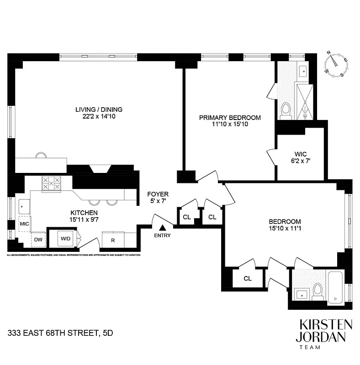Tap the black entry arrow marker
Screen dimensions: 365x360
[162, 228]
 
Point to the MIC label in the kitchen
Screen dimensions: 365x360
[24, 224]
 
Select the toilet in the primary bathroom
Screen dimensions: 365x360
[286, 110]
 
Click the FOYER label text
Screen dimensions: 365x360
[158, 194]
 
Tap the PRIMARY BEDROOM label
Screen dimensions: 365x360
[230, 118]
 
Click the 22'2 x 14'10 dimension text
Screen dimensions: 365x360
[93, 116]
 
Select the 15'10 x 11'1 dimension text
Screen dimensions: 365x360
[285, 229]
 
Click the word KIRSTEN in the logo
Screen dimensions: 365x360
[326, 325]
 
